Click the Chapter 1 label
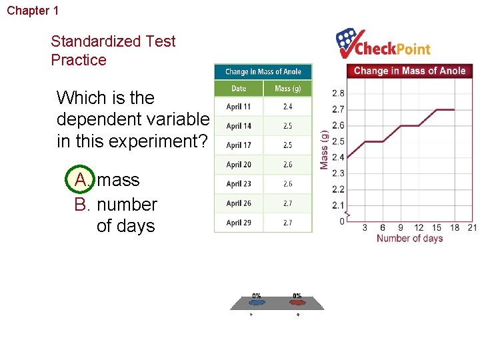[33, 11]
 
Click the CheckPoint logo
[383, 44]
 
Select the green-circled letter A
[81, 180]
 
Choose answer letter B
[81, 204]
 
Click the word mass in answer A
[119, 180]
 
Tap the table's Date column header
[239, 88]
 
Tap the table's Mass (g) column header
[287, 88]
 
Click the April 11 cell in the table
[239, 107]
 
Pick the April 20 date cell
[239, 165]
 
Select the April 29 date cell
[239, 223]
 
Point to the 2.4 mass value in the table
[287, 107]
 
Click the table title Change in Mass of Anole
[263, 71]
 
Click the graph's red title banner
[409, 71]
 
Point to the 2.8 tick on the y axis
[338, 93]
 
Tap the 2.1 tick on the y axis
[338, 205]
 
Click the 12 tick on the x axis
[419, 227]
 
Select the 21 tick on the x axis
[472, 227]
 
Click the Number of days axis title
[409, 239]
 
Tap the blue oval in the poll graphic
[257, 302]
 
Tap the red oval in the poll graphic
[297, 302]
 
